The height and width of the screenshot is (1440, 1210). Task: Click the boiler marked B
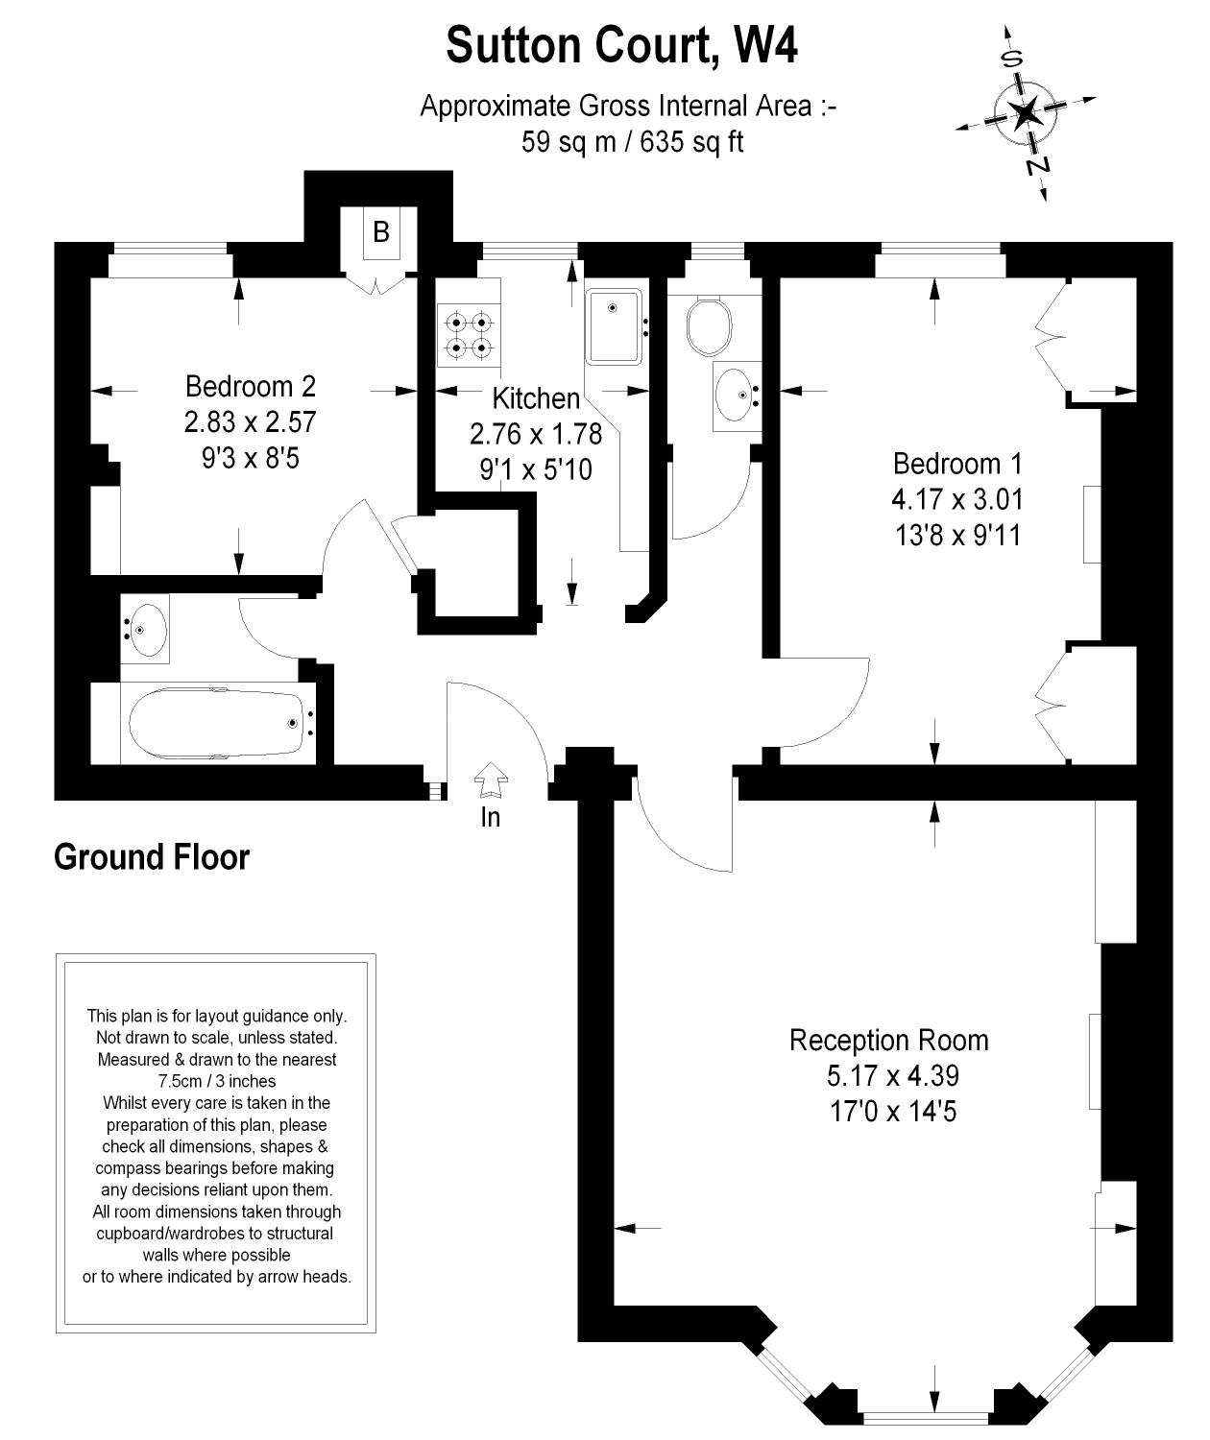(381, 232)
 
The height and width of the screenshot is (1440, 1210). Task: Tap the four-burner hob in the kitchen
(469, 334)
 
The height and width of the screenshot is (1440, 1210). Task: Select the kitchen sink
(614, 326)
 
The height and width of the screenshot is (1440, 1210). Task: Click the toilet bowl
(709, 326)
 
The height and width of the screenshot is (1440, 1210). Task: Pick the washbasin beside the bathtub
(145, 631)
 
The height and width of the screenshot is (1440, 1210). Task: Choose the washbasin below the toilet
(737, 396)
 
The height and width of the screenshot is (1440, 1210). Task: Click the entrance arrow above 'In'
(491, 780)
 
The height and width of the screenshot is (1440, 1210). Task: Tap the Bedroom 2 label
(251, 386)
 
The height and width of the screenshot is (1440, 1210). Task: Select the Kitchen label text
(536, 398)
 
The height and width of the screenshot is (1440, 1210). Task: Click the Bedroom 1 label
(957, 464)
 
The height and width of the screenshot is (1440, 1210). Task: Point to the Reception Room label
(888, 1040)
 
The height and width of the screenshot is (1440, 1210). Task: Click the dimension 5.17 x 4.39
(893, 1075)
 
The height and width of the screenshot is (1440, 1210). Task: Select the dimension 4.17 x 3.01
(957, 498)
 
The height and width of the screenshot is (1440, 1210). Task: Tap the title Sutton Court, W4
(622, 45)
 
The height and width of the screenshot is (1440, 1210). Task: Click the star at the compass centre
(1025, 112)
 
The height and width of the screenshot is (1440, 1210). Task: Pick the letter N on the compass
(1037, 166)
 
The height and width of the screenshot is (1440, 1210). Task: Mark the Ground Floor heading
(152, 857)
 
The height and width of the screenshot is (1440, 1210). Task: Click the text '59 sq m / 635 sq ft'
(632, 141)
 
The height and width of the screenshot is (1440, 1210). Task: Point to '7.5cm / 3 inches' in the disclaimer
(217, 1081)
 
